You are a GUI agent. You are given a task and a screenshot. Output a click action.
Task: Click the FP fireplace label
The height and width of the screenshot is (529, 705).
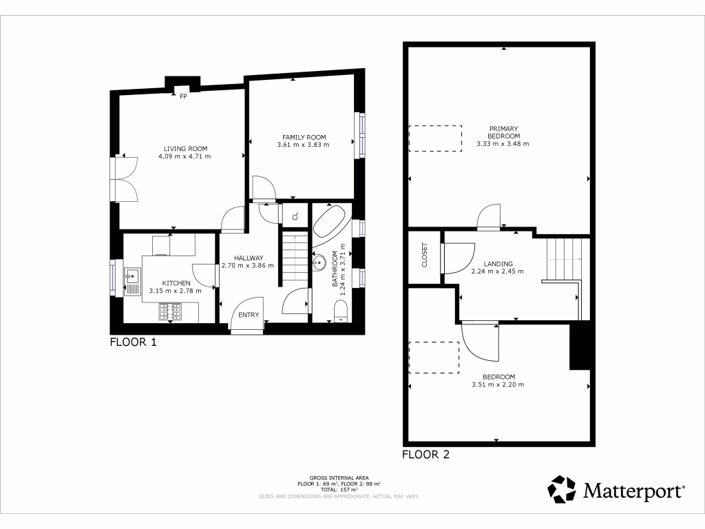click(x=184, y=96)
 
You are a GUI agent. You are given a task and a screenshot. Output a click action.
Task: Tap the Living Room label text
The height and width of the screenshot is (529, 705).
click(x=185, y=149)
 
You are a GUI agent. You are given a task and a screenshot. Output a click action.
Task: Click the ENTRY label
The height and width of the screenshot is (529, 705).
click(x=249, y=315)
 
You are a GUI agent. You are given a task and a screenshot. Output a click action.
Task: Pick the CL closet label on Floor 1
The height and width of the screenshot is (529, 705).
click(x=295, y=216)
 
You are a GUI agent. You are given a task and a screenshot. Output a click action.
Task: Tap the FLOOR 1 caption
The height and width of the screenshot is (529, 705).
click(x=134, y=342)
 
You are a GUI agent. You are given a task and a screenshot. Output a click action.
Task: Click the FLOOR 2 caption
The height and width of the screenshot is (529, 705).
click(x=425, y=455)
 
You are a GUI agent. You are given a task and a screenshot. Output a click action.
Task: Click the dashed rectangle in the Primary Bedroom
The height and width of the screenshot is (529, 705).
click(x=435, y=138)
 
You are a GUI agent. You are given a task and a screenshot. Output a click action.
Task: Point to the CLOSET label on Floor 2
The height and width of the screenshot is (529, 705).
click(x=424, y=255)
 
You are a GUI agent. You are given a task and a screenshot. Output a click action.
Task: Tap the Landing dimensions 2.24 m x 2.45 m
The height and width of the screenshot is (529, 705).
click(x=497, y=271)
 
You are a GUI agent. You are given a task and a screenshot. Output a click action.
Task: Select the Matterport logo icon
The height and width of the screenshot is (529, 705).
click(x=562, y=490)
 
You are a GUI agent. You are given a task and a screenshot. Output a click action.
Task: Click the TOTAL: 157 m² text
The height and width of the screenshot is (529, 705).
click(x=339, y=488)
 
